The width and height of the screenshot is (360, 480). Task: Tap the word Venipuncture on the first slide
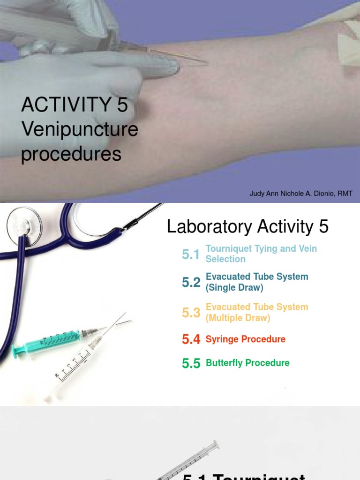point(80,129)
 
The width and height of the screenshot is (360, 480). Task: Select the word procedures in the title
point(71,154)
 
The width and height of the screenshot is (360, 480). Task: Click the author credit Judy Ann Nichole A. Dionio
point(301,194)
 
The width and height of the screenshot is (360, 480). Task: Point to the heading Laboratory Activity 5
point(247,227)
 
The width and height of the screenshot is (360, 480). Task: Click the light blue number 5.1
point(191,255)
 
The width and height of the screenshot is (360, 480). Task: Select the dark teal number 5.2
point(191,282)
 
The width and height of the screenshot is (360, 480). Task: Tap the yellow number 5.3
point(191,313)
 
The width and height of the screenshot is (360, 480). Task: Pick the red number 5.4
point(191,339)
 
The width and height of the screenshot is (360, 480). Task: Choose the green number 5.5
point(191,363)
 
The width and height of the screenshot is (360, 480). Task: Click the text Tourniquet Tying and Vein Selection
point(261,254)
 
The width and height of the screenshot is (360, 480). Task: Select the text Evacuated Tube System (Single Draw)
point(256,282)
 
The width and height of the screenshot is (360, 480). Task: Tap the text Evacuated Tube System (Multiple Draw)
point(256,312)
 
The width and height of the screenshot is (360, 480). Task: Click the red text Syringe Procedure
point(245,339)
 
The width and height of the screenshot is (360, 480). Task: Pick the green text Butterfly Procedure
point(247,363)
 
